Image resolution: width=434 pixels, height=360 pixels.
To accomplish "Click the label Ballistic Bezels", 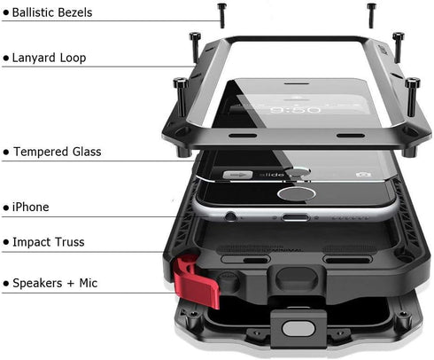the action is click(52, 12).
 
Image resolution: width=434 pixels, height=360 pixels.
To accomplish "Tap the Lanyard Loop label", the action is click(49, 58).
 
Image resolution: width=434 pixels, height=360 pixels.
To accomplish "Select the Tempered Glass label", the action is click(58, 152).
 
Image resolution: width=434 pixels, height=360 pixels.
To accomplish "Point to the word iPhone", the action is click(30, 207).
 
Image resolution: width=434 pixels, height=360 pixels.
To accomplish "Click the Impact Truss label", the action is click(49, 242).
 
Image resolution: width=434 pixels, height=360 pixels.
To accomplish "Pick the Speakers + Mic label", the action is click(55, 283).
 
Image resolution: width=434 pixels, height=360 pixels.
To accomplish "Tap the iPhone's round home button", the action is click(296, 194).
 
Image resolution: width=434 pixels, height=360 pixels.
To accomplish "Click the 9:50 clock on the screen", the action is click(295, 110).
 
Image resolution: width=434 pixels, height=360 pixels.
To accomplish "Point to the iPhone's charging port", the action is click(296, 218).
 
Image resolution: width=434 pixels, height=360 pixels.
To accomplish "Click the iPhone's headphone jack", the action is click(230, 216).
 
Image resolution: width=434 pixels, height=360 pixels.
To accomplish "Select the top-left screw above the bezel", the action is click(222, 16).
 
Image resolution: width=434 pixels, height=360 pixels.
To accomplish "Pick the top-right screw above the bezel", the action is click(371, 16).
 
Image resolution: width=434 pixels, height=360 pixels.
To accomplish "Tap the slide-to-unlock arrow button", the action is click(237, 175).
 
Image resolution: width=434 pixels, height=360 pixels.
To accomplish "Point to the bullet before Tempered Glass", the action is click(6, 153).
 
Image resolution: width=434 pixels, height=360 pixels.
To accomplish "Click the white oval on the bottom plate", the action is click(298, 329).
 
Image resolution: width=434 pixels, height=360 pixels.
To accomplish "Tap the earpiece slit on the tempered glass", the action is click(297, 83).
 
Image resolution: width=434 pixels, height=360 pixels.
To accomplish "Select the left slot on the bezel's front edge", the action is click(243, 136).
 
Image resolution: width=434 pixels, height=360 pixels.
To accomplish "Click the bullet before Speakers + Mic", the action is click(6, 284).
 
